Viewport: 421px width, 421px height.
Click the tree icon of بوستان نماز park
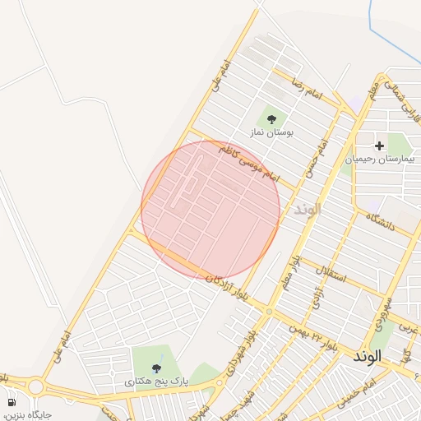point(271,119)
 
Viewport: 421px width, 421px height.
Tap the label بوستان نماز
point(272,132)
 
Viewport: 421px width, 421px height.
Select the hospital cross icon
point(379,146)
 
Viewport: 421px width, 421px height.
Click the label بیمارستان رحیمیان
point(382,159)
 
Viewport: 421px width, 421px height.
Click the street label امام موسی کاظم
point(249,165)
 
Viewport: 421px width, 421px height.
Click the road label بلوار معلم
point(288,272)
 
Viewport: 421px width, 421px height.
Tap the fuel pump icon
point(12,402)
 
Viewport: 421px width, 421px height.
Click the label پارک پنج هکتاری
point(156,382)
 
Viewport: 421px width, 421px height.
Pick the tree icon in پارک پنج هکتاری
point(156,369)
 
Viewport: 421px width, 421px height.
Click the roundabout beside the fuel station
point(35,386)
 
